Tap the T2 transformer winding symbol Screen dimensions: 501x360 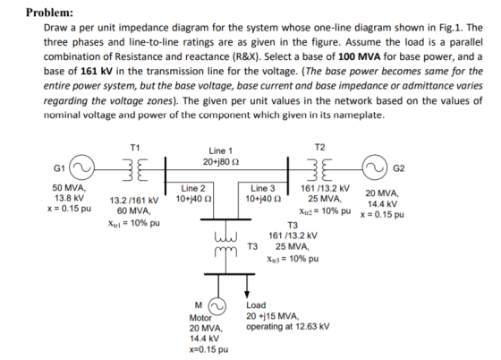point(320,169)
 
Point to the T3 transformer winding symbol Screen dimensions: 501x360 point(225,245)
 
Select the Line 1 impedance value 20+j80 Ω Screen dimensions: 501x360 point(221,162)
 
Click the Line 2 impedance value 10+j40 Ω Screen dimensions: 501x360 point(193,199)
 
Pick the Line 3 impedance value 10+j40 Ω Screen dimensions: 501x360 point(263,199)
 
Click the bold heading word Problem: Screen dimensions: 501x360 point(49,13)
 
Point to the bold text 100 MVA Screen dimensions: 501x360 point(360,56)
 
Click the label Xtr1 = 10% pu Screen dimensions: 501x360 point(134,223)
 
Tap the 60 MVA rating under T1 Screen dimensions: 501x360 point(134,211)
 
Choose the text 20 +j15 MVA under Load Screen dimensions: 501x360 point(273,316)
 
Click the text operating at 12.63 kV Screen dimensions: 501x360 point(287,327)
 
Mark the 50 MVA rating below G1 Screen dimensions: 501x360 point(69,187)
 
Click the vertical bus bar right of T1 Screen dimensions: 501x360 point(166,176)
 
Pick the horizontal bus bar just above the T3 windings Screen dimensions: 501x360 point(225,219)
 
